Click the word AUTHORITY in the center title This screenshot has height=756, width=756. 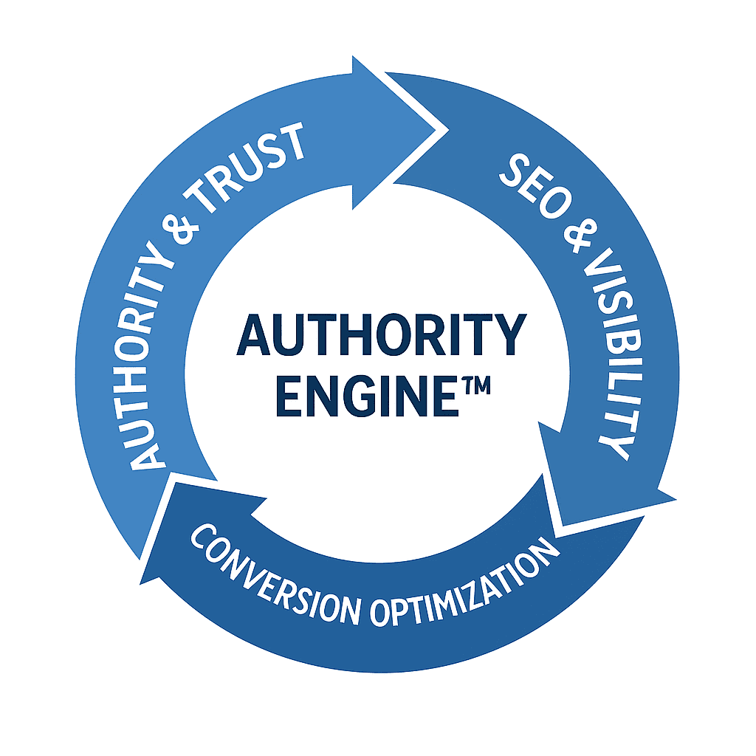pos(382,334)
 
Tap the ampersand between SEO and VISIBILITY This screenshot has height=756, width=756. pos(580,236)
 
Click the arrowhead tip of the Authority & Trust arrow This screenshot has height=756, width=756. pos(448,130)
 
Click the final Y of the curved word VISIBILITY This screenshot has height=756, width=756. pos(614,447)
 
